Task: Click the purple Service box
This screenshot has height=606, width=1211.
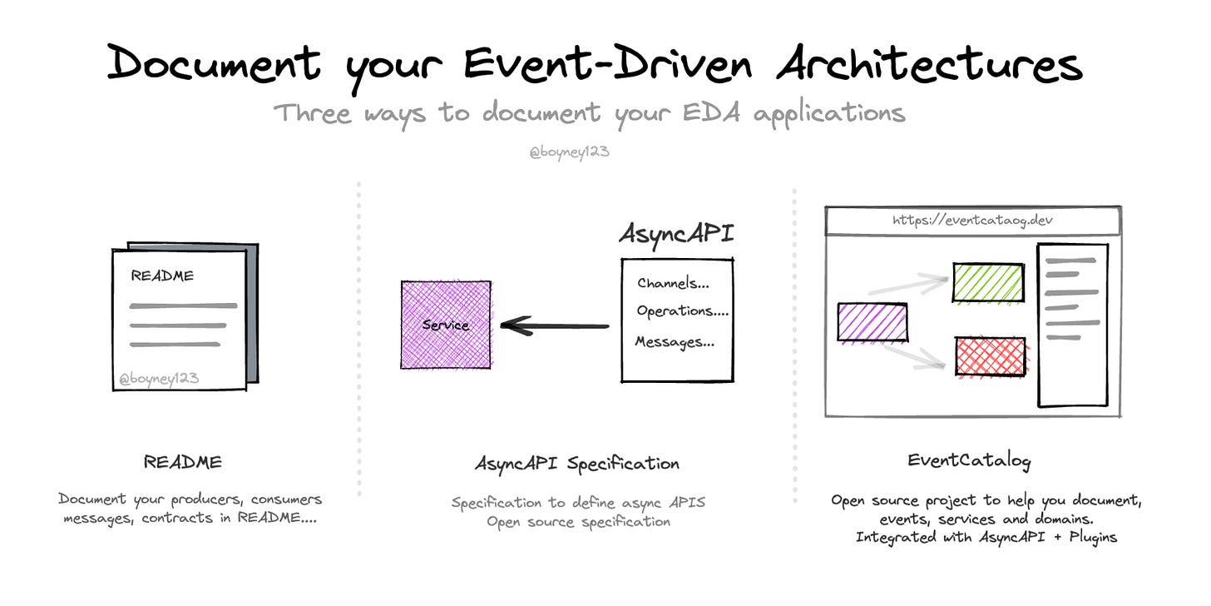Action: [x=446, y=325]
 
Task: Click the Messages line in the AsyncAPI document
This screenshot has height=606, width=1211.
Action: [x=675, y=341]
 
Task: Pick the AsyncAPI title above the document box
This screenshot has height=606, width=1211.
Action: [x=676, y=234]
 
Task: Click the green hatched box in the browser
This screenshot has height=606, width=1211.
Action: [x=988, y=282]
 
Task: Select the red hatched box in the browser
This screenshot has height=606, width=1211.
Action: [x=990, y=356]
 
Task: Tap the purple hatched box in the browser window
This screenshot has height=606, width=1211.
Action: [x=872, y=322]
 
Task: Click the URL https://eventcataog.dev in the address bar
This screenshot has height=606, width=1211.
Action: [x=974, y=221]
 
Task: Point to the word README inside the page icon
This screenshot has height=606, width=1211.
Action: [x=162, y=276]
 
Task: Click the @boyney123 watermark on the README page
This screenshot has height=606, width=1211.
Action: [x=159, y=380]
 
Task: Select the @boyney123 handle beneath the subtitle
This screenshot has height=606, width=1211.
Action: [x=569, y=153]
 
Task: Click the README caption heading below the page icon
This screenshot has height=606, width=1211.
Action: [x=183, y=461]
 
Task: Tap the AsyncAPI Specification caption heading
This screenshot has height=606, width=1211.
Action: [x=576, y=464]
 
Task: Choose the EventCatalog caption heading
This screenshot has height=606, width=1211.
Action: [x=969, y=460]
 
